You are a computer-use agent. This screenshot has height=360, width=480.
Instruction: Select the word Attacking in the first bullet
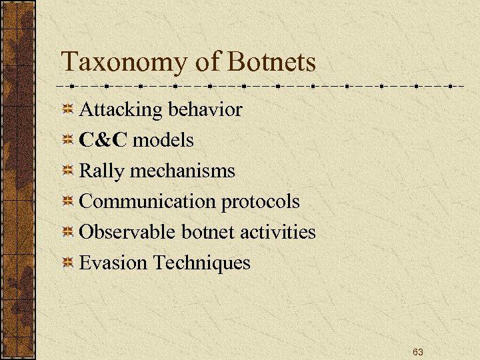click(121, 110)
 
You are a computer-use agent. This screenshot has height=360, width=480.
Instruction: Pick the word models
click(163, 140)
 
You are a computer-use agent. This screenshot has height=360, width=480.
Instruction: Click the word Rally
click(102, 171)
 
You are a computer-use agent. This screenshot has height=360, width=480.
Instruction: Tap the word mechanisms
click(183, 171)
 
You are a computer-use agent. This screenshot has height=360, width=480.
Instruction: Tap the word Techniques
click(202, 263)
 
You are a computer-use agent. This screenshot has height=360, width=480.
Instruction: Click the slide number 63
click(418, 351)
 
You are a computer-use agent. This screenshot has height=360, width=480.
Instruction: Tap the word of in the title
click(208, 62)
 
